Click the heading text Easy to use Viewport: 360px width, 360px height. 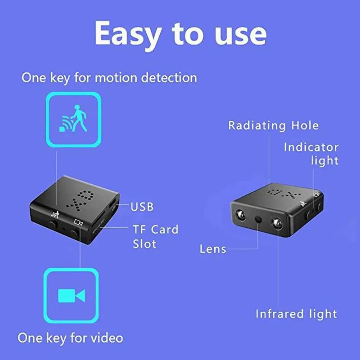181,34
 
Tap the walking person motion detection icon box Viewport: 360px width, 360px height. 73,119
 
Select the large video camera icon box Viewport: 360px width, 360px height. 71,296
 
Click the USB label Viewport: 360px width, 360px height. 142,207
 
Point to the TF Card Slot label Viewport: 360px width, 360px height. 155,237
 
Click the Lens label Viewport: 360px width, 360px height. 213,249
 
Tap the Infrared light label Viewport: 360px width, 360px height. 296,314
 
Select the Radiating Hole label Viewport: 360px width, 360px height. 273,126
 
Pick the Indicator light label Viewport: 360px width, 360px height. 311,154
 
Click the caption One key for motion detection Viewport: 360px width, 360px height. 109,78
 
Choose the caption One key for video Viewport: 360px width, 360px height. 70,338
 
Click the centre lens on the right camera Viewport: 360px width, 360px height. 259,219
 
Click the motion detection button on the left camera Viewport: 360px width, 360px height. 53,224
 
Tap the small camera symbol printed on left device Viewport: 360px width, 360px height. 78,222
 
